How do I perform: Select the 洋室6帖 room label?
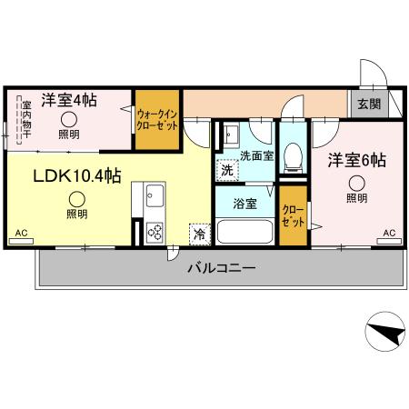click(356, 160)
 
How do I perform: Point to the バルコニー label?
click(221, 268)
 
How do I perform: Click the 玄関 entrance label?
click(369, 104)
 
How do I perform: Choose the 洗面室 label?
click(256, 155)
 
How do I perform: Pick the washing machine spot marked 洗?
click(226, 169)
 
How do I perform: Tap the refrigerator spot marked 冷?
click(198, 234)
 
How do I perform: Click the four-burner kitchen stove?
click(154, 233)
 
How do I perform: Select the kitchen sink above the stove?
click(154, 196)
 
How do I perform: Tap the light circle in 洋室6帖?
click(356, 183)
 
